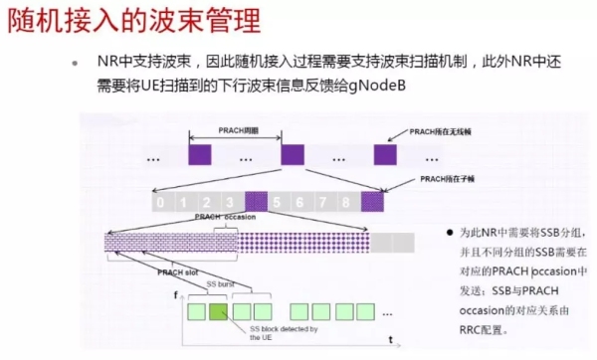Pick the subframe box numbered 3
point(231,202)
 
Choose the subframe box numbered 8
point(348,202)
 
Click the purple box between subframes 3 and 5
point(256,202)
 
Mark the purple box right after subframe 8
point(372,202)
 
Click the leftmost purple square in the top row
point(200,155)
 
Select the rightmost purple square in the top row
point(386,155)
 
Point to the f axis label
point(176,295)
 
